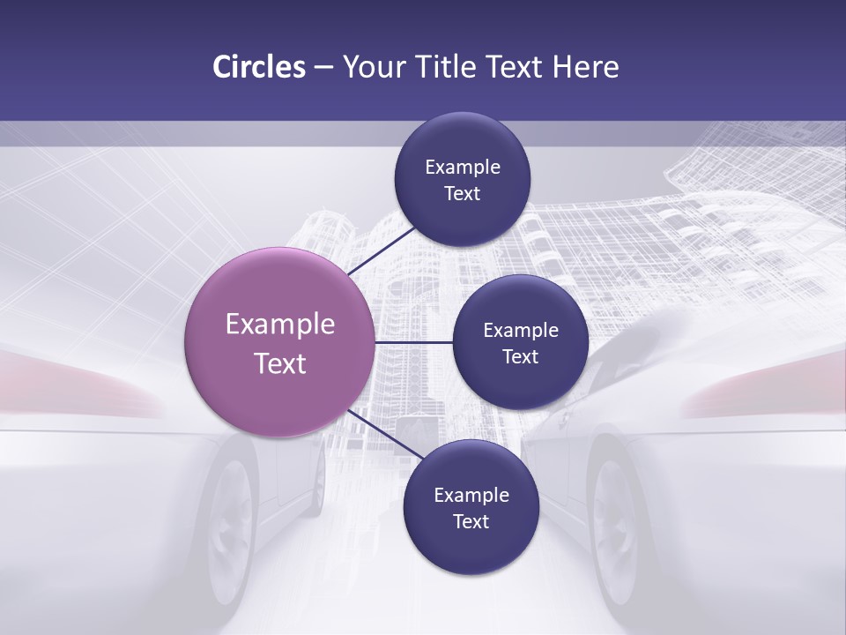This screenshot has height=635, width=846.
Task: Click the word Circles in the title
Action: (258, 67)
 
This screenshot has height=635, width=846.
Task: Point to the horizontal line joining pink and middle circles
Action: (413, 342)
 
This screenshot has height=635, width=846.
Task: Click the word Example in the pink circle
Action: (280, 324)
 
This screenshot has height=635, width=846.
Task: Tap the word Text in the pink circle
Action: (280, 363)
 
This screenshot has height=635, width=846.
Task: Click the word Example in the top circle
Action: (463, 168)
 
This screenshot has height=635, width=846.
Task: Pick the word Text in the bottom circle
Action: (471, 522)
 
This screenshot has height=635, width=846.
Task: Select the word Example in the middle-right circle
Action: (521, 331)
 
